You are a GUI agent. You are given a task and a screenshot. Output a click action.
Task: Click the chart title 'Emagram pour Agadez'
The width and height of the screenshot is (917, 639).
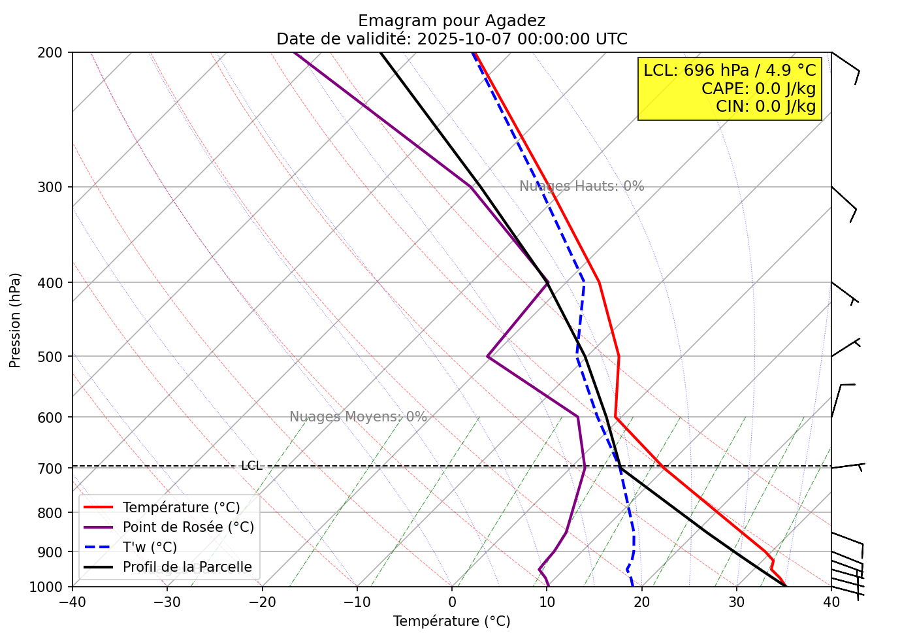pos(451,21)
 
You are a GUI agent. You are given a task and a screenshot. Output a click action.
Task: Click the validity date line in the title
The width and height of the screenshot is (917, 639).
pos(451,39)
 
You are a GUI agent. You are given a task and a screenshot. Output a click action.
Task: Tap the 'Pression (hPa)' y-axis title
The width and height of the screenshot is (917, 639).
pos(15,320)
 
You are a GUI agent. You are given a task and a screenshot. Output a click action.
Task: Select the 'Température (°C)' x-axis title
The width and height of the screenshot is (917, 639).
pos(451,621)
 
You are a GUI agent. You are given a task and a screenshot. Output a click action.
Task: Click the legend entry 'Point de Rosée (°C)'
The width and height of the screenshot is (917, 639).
pos(188,527)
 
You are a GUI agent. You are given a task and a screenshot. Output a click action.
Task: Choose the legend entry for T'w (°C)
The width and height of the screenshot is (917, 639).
pos(150,548)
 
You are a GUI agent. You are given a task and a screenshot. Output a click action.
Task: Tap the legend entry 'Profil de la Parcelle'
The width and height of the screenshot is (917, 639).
pos(187,567)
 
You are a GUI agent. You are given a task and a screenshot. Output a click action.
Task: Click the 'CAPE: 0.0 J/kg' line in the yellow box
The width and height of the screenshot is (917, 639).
pos(758,89)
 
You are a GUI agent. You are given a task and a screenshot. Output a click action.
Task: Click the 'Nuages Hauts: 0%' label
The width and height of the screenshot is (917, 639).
pos(581,186)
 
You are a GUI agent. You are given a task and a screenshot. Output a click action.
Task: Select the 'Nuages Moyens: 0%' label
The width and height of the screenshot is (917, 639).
pos(358,417)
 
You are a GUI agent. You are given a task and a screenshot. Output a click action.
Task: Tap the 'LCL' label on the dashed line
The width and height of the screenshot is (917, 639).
pos(251,466)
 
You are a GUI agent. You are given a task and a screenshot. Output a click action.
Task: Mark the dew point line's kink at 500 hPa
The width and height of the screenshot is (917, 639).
pos(488,357)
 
